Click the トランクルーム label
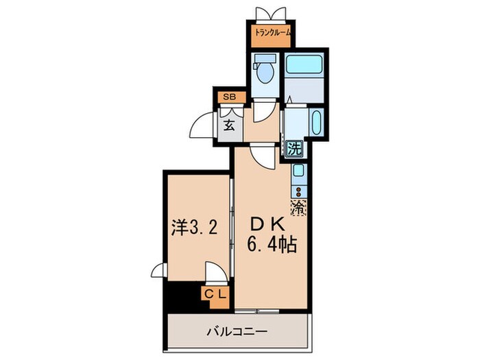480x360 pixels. (x=273, y=32)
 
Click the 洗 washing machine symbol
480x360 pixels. (x=294, y=147)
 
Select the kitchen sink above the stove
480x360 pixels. (x=300, y=170)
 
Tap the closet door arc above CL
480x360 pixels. (x=215, y=274)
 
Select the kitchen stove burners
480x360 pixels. (x=300, y=187)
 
